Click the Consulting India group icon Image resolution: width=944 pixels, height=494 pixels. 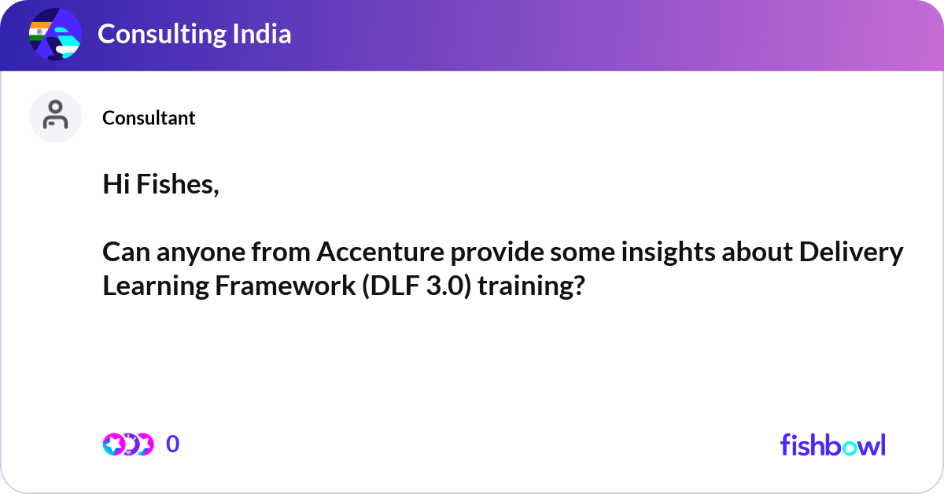click(x=55, y=34)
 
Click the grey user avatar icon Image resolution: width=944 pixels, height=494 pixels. click(x=55, y=116)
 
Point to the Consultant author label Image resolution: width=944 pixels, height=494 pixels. click(x=149, y=118)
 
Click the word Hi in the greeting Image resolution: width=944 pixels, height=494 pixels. click(x=116, y=184)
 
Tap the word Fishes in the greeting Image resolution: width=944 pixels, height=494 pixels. click(x=178, y=185)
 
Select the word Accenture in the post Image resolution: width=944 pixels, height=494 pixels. click(x=381, y=252)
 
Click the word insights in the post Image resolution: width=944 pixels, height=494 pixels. click(x=669, y=252)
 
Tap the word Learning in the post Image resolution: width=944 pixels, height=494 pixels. click(x=156, y=286)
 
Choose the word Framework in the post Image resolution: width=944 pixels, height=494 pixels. click(x=286, y=286)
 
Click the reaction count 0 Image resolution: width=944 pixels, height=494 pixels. click(x=173, y=444)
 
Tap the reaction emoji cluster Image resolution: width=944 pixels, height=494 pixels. click(x=128, y=444)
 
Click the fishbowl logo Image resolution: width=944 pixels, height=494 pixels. click(x=833, y=445)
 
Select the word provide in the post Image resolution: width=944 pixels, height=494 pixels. click(x=497, y=252)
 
